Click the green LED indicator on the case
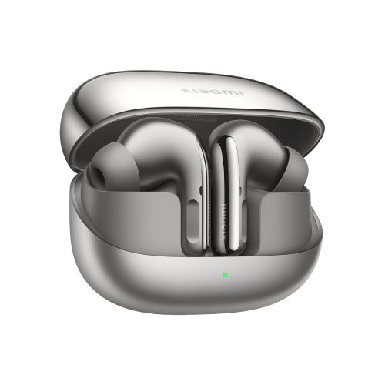pos(224,274)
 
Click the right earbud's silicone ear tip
pos(295,166)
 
